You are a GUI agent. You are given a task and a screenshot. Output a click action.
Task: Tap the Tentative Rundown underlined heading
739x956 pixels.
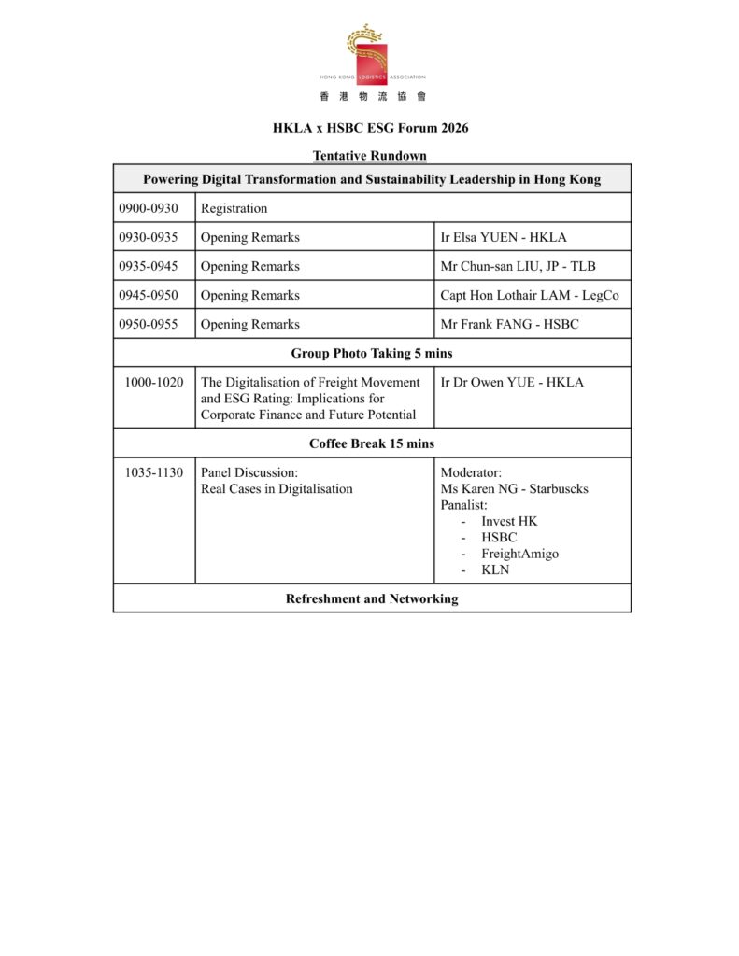click(x=370, y=156)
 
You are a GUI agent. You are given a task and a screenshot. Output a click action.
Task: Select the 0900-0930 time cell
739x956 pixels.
click(x=149, y=208)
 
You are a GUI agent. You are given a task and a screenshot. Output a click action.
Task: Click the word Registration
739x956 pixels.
click(x=234, y=208)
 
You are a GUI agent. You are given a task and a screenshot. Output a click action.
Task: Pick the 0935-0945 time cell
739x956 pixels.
click(x=149, y=266)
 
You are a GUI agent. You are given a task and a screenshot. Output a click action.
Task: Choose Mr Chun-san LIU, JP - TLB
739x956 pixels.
click(x=518, y=266)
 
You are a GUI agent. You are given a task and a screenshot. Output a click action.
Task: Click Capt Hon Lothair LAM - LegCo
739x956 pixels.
click(x=529, y=295)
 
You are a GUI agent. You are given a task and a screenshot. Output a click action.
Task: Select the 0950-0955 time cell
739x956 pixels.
click(x=149, y=324)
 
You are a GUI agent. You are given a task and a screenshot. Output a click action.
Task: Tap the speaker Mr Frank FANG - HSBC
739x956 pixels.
click(x=509, y=324)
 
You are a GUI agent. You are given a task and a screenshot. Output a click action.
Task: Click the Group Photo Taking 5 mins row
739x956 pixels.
click(x=372, y=353)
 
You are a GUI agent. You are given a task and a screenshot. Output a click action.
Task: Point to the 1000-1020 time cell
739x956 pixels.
click(x=154, y=382)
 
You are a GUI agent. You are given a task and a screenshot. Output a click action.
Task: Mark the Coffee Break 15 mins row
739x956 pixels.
click(x=372, y=443)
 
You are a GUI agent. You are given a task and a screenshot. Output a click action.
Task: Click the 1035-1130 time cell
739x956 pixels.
click(x=154, y=472)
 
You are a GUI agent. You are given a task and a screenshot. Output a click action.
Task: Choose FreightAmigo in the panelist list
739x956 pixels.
click(x=519, y=554)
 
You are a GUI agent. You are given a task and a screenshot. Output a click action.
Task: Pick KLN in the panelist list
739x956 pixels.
click(x=495, y=569)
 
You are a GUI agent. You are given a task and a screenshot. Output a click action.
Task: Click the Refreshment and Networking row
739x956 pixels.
click(x=372, y=598)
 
